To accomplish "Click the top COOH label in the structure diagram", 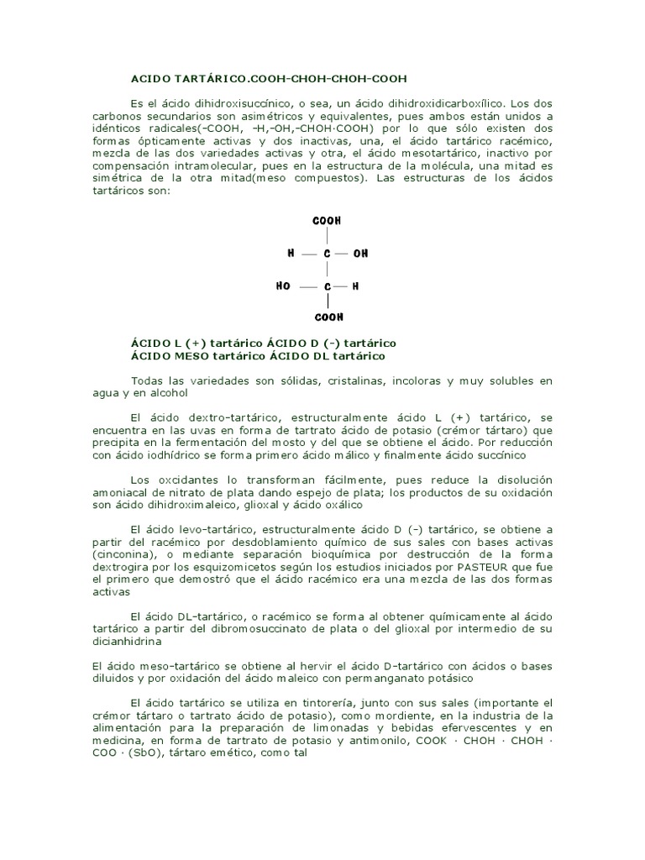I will [x=327, y=221].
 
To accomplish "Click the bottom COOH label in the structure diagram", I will [x=328, y=317].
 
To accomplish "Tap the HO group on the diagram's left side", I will [x=283, y=286].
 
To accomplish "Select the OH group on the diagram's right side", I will [x=361, y=253].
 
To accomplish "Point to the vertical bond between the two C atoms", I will [x=328, y=270].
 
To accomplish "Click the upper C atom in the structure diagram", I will [x=328, y=253].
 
